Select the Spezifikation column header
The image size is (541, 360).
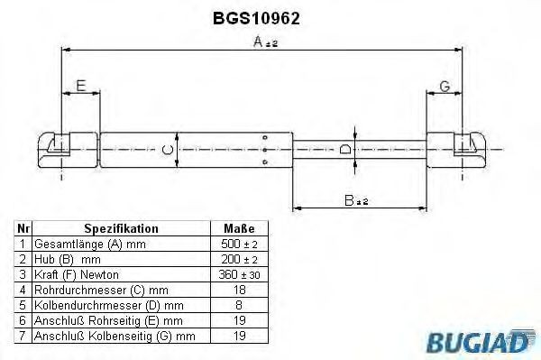point(121,229)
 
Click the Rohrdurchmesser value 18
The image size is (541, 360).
point(239,290)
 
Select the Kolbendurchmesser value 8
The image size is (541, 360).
point(239,305)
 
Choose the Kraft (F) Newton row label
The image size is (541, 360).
point(76,274)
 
